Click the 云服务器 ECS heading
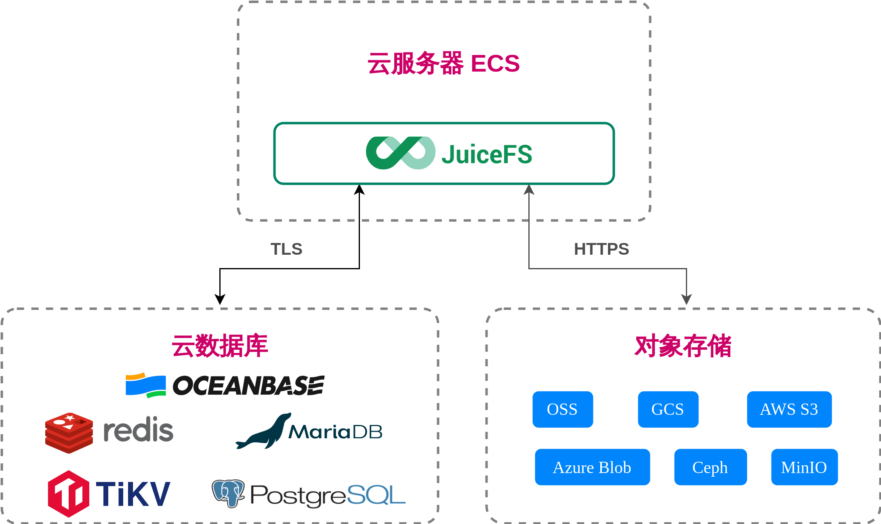(444, 63)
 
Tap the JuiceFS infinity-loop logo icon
(400, 153)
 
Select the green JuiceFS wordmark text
(487, 154)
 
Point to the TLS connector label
(286, 249)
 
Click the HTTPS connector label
(601, 249)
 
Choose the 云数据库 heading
(220, 346)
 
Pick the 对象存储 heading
(683, 346)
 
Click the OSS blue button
(562, 409)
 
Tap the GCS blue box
(668, 409)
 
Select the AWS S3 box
(789, 409)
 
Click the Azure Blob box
(592, 467)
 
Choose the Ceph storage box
(710, 467)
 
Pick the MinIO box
(804, 467)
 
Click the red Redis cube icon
(69, 433)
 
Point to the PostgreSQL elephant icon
(228, 493)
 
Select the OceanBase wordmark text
(248, 385)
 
